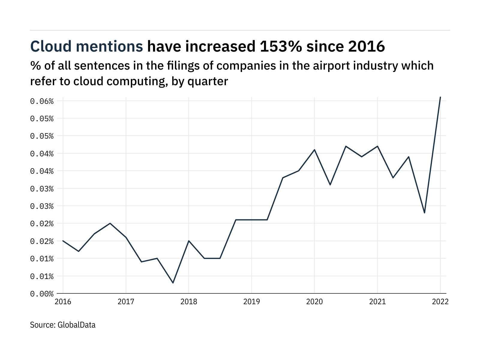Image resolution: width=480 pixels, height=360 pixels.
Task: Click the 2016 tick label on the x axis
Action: pyautogui.click(x=63, y=301)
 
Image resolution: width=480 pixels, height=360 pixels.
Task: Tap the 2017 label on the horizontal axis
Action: pyautogui.click(x=126, y=301)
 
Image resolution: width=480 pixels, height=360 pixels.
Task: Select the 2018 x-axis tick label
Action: pyautogui.click(x=189, y=301)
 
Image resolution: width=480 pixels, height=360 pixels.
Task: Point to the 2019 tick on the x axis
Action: pyautogui.click(x=251, y=301)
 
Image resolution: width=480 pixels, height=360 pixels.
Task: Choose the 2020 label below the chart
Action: pyautogui.click(x=314, y=301)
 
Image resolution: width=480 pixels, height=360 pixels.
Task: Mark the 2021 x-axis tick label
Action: pyautogui.click(x=377, y=301)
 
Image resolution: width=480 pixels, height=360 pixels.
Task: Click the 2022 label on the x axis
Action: pyautogui.click(x=440, y=301)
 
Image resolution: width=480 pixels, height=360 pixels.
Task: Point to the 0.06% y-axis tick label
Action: pyautogui.click(x=42, y=101)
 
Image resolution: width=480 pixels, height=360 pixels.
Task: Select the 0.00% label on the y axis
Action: pyautogui.click(x=42, y=294)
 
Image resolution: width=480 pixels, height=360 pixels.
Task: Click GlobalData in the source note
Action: pyautogui.click(x=76, y=325)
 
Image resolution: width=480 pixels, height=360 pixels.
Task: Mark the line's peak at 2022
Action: pyautogui.click(x=440, y=97)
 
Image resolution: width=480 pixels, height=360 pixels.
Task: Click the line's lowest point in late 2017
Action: pyautogui.click(x=173, y=283)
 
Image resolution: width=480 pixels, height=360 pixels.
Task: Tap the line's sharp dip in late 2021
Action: pyautogui.click(x=424, y=213)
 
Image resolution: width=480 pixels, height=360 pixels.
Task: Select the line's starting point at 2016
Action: pyautogui.click(x=63, y=241)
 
